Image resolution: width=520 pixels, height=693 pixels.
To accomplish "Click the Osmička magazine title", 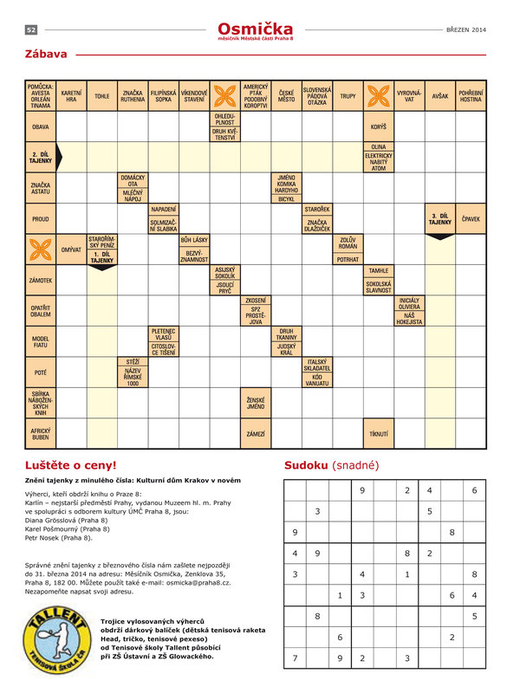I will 256,29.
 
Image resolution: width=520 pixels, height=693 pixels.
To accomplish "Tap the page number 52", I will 30,29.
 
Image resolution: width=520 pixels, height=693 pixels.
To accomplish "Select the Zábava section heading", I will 47,55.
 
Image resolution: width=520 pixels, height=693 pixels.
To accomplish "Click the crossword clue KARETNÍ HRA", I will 72,96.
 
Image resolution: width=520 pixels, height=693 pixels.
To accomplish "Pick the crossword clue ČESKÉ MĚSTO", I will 286,96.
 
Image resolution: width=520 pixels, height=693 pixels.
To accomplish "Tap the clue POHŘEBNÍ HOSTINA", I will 471,96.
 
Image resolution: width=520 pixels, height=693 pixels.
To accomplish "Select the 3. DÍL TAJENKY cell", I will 440,218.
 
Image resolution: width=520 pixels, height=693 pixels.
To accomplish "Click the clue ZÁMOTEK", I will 41,281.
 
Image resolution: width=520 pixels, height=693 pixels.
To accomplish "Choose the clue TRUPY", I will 348,96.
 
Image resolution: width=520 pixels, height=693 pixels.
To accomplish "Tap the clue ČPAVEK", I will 471,219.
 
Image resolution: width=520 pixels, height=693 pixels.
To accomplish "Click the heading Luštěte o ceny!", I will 70,465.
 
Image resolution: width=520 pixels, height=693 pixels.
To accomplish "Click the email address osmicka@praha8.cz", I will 222,582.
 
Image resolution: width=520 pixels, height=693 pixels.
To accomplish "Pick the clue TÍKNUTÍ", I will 379,432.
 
